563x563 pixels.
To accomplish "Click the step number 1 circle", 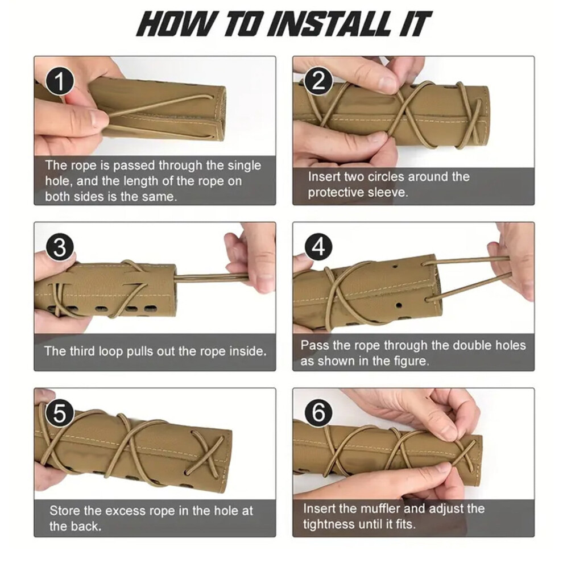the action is pyautogui.click(x=60, y=81).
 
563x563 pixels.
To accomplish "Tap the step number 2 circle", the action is pyautogui.click(x=318, y=81).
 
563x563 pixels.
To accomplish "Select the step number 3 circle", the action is pyautogui.click(x=60, y=247).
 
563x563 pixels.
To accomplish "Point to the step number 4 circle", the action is pyautogui.click(x=318, y=247).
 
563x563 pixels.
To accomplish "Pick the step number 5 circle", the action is pyautogui.click(x=60, y=413).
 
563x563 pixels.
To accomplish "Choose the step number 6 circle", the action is pyautogui.click(x=318, y=412).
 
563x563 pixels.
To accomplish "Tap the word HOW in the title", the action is pyautogui.click(x=176, y=24).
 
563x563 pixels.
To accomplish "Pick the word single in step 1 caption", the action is pyautogui.click(x=244, y=166).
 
